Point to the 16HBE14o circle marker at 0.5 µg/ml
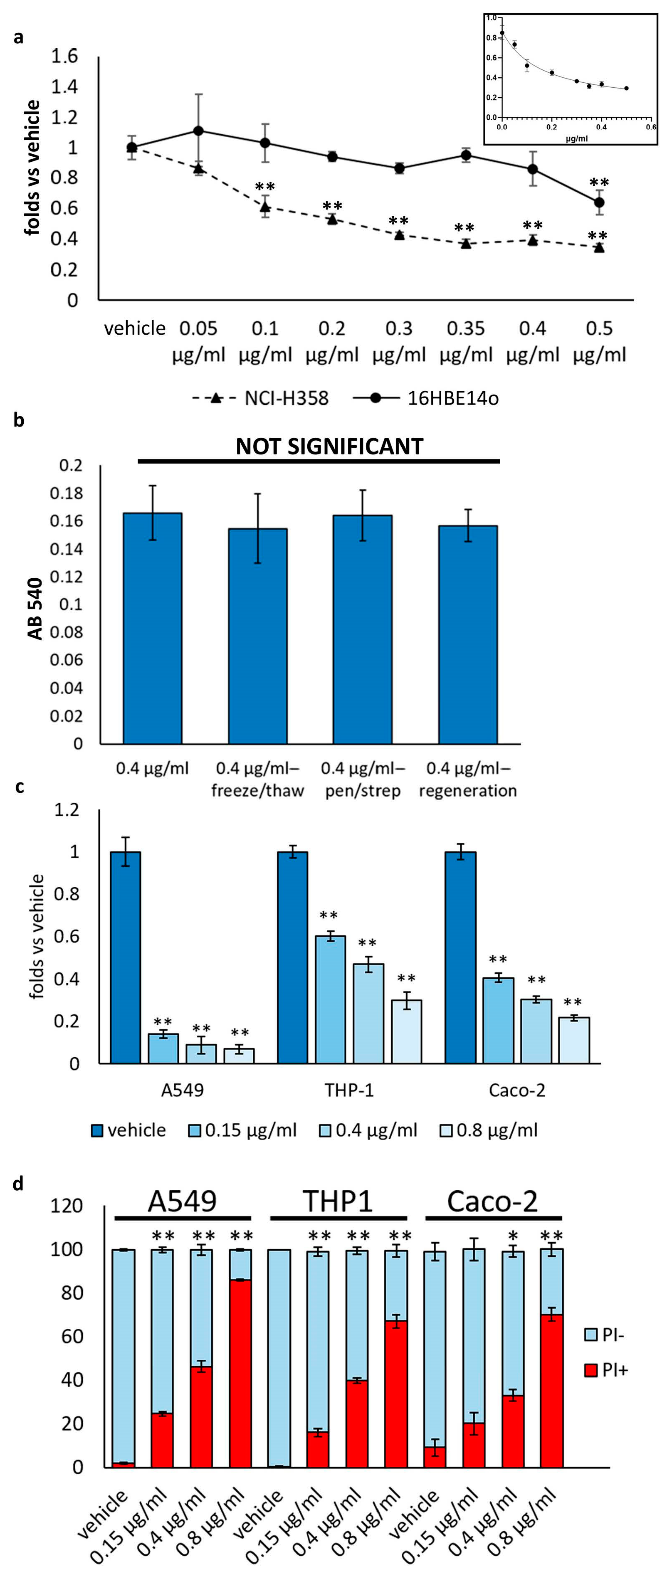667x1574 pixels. (x=599, y=202)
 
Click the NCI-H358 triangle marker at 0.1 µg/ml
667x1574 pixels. (x=265, y=207)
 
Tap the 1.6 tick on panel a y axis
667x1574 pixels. (x=64, y=56)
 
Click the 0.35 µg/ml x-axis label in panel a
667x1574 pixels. (x=466, y=341)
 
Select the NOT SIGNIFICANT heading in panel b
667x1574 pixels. (x=329, y=447)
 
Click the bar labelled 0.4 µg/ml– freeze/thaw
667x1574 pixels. (x=257, y=636)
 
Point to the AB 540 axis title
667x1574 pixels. (x=35, y=608)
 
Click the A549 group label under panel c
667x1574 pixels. (x=182, y=1090)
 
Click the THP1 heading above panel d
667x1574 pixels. (x=338, y=1201)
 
